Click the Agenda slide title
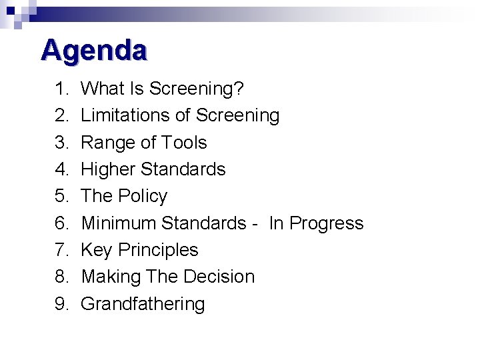point(93,51)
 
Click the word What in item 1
point(99,89)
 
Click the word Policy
point(144,196)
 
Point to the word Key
point(96,250)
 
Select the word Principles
point(158,250)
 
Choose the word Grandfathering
point(143,304)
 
